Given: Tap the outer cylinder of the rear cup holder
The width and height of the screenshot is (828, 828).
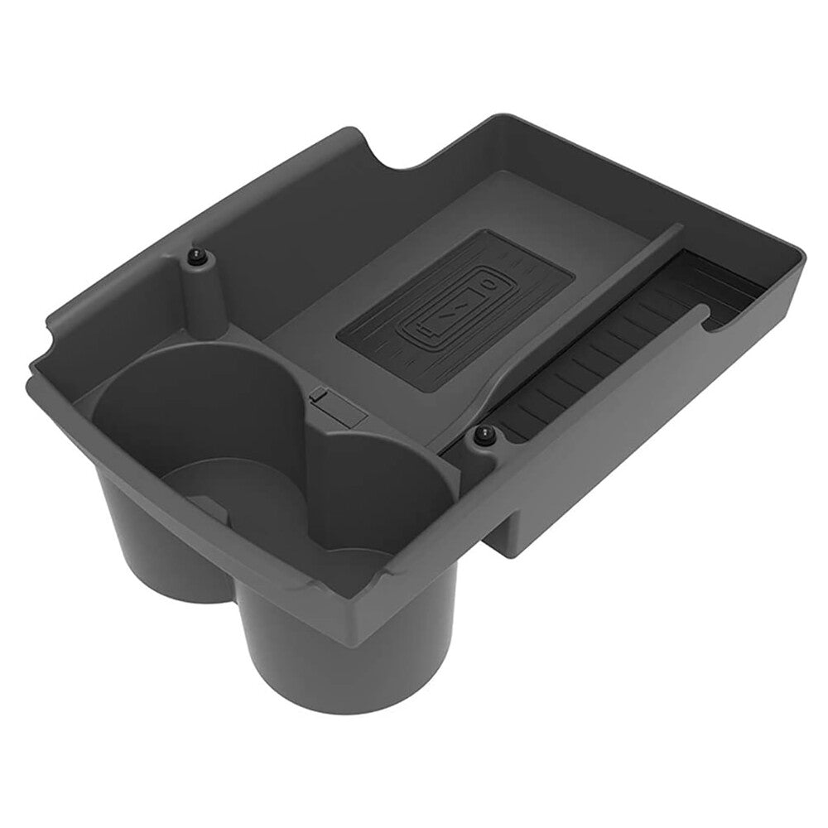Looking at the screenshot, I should [x=157, y=538].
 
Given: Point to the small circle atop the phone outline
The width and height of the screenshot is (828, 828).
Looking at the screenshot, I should [x=492, y=286].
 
